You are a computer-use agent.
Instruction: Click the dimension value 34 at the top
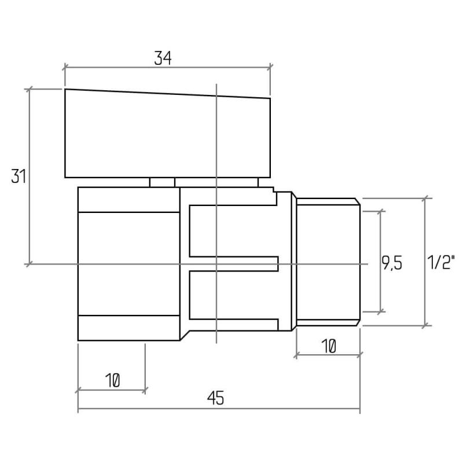point(163,58)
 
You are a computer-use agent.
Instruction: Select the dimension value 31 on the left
point(19,176)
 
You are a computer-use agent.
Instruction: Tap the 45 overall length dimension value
point(215,398)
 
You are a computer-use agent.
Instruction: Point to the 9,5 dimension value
point(392,263)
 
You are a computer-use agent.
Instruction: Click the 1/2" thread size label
point(440,262)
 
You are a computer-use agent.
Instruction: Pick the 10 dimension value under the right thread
point(328,346)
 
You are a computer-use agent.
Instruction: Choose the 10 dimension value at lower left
point(112,380)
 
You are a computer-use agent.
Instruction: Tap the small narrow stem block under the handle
point(162,182)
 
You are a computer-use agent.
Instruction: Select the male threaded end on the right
point(328,262)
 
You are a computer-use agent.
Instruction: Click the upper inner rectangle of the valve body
point(233,231)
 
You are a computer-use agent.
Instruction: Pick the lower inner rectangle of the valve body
point(233,295)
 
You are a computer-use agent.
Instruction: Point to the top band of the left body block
point(128,200)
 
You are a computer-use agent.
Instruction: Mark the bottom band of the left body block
point(128,328)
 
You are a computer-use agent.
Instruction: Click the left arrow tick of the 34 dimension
point(65,67)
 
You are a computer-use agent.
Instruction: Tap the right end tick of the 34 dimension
point(270,67)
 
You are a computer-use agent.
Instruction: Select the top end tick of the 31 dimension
point(29,89)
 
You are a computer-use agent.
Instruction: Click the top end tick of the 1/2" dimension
point(425,198)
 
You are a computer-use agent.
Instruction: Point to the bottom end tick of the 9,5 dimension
point(381,311)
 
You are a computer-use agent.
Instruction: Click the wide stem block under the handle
point(216,182)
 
